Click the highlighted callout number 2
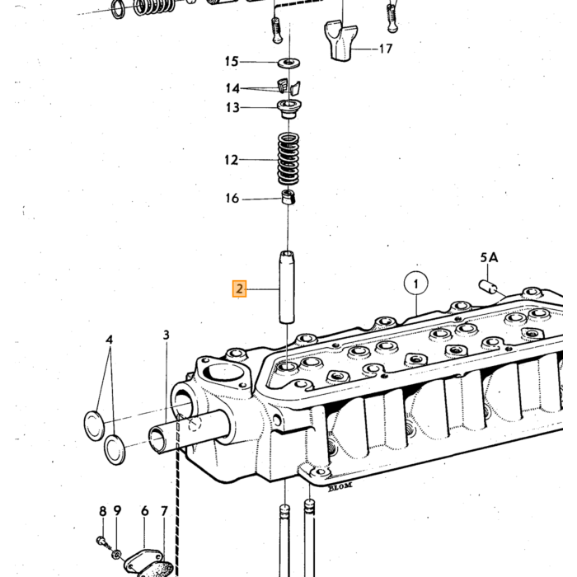[x=239, y=288]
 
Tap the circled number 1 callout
[x=415, y=284]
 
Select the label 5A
[x=489, y=257]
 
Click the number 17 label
[x=385, y=49]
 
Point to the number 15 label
[x=232, y=61]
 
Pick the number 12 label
[x=232, y=160]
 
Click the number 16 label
[x=232, y=199]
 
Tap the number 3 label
[x=167, y=335]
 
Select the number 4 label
[x=110, y=340]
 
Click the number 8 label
[x=103, y=511]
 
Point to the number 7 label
[x=164, y=511]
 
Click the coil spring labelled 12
[x=288, y=159]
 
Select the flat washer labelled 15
[x=288, y=63]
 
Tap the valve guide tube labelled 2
[x=287, y=287]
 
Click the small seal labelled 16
[x=288, y=197]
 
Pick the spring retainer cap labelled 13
[x=288, y=109]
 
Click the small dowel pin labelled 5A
[x=488, y=287]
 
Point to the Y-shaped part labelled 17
[x=340, y=41]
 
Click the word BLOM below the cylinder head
[x=340, y=486]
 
